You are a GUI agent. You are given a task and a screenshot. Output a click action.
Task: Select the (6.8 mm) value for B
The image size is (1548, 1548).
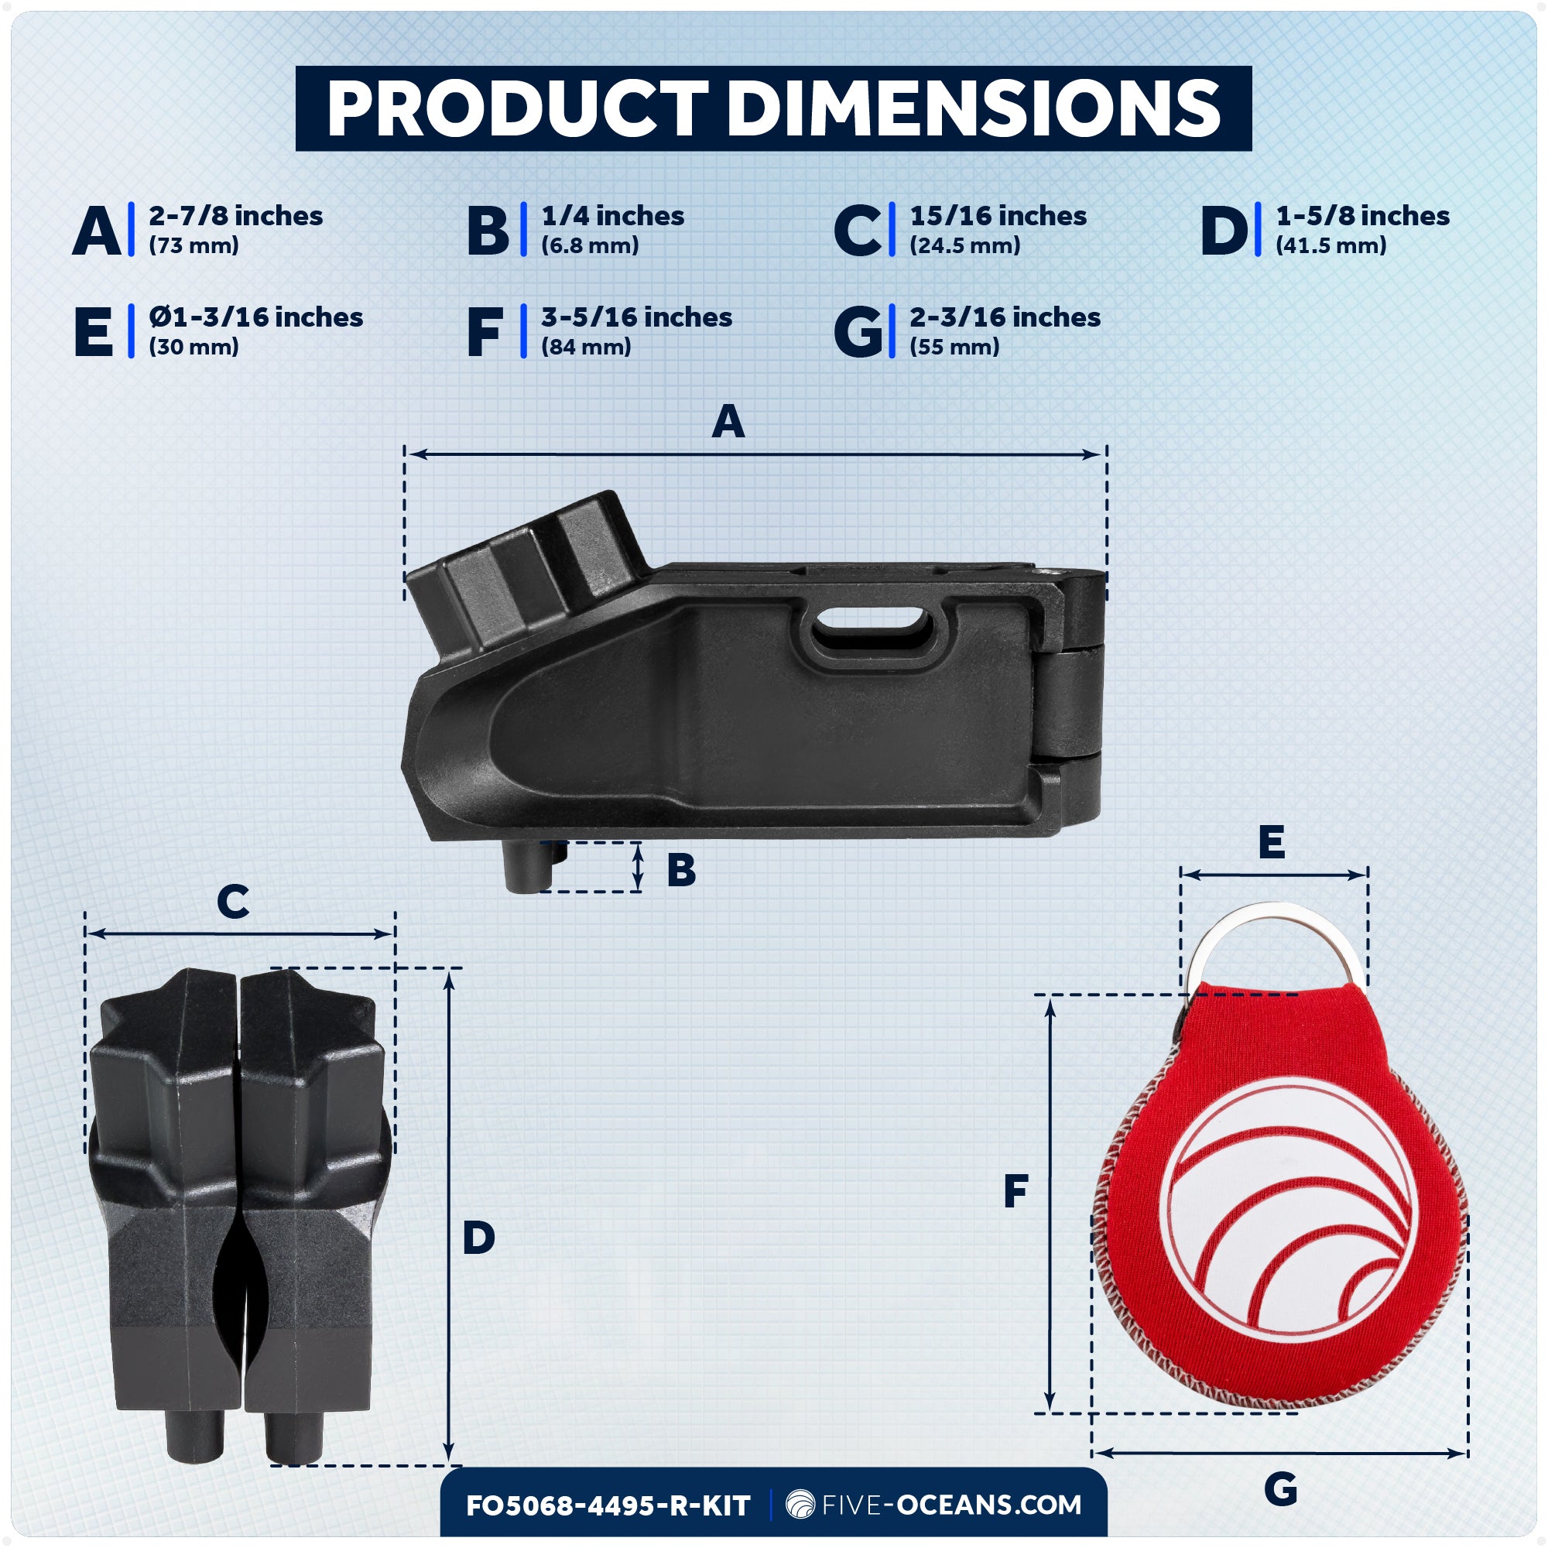590,245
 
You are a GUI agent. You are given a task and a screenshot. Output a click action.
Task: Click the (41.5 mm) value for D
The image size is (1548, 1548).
1331,245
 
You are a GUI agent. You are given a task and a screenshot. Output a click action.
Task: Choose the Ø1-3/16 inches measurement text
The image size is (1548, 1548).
255,317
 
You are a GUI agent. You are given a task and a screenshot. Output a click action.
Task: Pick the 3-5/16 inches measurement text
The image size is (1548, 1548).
636,317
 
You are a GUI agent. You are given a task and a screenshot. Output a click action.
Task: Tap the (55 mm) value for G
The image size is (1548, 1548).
954,347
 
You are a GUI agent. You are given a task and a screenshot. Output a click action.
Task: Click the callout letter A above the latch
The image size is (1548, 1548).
728,422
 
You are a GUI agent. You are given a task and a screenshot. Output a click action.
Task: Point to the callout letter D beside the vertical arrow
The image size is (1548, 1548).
478,1238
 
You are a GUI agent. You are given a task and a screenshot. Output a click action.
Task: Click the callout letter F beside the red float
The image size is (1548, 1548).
1015,1191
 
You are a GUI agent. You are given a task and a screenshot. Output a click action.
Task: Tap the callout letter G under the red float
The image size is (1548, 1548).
1280,1489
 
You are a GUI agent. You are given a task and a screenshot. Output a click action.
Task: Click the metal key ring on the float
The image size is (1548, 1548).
1275,933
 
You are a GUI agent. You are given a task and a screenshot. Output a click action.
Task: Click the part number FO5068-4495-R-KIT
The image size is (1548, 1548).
608,1505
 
